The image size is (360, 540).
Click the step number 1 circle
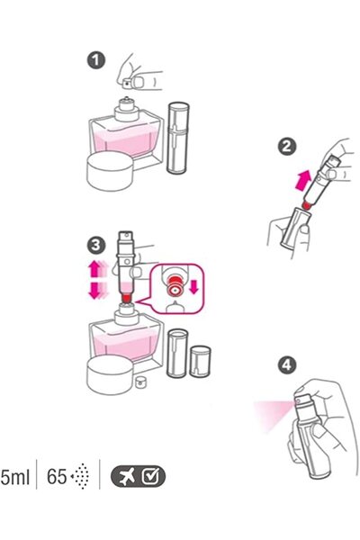coord(96,60)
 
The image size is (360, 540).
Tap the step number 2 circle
coord(286,147)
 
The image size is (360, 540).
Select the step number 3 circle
coord(96,246)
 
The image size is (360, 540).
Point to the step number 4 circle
coord(286,364)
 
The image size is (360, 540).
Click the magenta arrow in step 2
coord(303,180)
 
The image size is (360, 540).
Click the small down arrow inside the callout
coord(194,286)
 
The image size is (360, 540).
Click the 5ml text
coord(14,477)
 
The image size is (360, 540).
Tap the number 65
coord(57,477)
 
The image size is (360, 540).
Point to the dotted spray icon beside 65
coord(81,476)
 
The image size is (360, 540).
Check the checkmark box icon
coord(151,476)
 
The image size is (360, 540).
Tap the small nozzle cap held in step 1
coord(127,83)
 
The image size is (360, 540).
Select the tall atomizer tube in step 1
coord(178,137)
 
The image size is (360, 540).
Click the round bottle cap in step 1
coord(110,171)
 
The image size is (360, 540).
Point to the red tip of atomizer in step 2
coord(306,204)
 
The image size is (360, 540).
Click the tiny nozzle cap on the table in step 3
coord(139,382)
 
